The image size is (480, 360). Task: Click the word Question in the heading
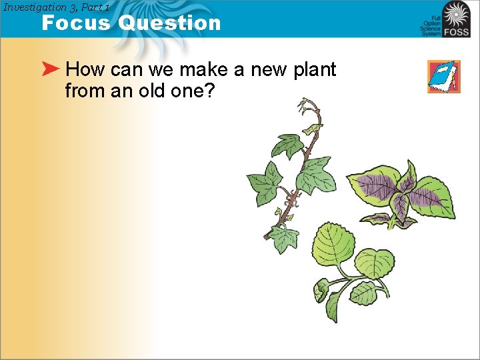click(169, 23)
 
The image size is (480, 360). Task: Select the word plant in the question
click(315, 70)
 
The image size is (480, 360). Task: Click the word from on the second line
click(85, 90)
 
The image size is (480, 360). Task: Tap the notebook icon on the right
click(444, 76)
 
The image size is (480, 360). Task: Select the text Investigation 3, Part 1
click(56, 7)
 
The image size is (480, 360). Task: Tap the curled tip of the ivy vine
click(308, 105)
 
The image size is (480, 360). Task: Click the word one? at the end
click(193, 90)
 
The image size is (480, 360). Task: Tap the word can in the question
click(124, 70)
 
